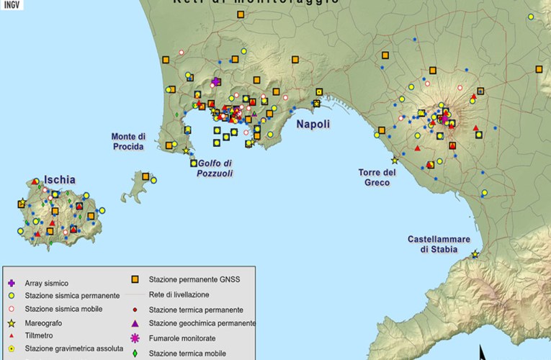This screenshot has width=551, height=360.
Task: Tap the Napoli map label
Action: [312, 124]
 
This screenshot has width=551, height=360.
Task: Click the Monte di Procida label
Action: [128, 141]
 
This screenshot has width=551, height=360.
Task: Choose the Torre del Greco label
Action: [378, 177]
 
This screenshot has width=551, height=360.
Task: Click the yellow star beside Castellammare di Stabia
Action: [475, 254]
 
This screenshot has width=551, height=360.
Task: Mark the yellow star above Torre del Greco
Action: [394, 160]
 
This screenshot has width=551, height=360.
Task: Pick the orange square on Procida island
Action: [145, 176]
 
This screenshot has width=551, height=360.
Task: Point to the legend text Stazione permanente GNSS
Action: [194, 279]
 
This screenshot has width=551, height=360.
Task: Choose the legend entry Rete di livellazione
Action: [179, 294]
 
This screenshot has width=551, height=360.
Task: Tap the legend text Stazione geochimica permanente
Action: [202, 323]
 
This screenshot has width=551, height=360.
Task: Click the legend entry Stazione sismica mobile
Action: [63, 309]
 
